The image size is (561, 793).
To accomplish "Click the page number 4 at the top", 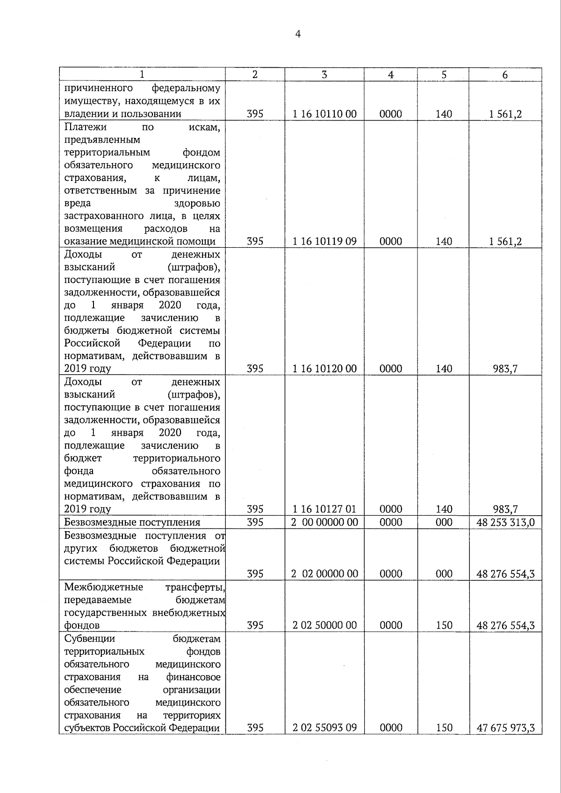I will tap(298, 34).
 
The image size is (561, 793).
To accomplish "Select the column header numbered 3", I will tap(324, 75).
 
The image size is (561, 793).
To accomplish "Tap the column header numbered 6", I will tap(505, 75).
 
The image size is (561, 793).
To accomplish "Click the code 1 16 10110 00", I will tap(324, 114).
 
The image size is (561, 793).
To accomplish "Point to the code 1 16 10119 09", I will tap(324, 241).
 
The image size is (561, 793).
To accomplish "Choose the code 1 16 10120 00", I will tap(324, 369).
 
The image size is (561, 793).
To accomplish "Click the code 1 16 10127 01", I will tap(324, 509).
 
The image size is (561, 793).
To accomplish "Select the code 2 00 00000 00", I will tap(324, 522).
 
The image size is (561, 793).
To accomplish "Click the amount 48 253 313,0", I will tap(505, 522).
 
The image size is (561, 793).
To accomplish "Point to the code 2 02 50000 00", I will tap(324, 625).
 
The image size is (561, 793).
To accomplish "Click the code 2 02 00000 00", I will tap(324, 574).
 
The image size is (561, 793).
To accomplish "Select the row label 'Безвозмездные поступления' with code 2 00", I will tap(132, 522).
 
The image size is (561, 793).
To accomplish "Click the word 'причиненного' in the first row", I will tap(98, 88).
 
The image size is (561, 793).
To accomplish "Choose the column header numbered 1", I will tap(142, 75).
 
